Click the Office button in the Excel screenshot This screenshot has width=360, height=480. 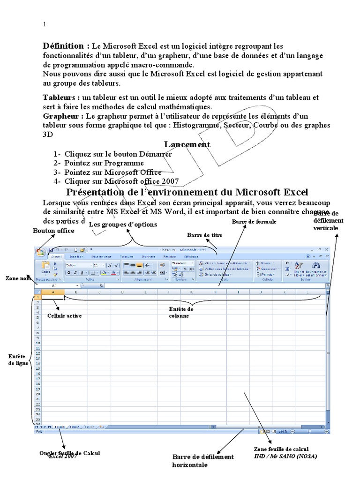[x=40, y=252]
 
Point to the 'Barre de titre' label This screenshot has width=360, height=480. [x=204, y=234]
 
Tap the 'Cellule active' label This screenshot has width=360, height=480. [x=65, y=316]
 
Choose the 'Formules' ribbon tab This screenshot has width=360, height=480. [x=126, y=256]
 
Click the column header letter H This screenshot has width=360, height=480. [x=214, y=292]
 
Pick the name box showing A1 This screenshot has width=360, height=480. [x=54, y=285]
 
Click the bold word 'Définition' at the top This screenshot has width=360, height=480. [x=66, y=46]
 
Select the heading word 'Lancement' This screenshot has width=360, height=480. [x=187, y=144]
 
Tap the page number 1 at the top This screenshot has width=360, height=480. [x=44, y=25]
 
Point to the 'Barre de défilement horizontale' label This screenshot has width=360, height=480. [x=202, y=461]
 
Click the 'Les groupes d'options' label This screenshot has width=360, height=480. [x=123, y=225]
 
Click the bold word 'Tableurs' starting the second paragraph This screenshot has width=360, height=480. [x=60, y=97]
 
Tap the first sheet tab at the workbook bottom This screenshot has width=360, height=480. [x=60, y=427]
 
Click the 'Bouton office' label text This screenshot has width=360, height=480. [x=53, y=231]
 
